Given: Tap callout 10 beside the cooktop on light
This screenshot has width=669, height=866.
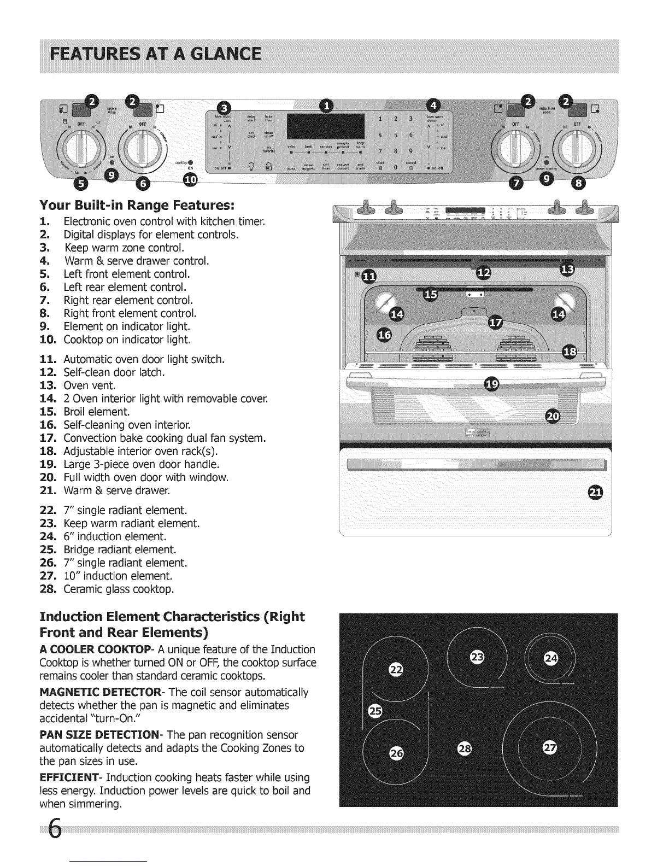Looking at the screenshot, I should (190, 180).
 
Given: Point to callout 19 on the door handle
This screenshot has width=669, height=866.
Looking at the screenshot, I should (491, 384).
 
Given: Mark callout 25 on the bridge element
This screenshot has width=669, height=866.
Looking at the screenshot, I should (375, 711).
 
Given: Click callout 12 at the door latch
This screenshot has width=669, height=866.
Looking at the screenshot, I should (484, 273).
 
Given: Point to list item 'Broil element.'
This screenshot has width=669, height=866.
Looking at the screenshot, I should (96, 412).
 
